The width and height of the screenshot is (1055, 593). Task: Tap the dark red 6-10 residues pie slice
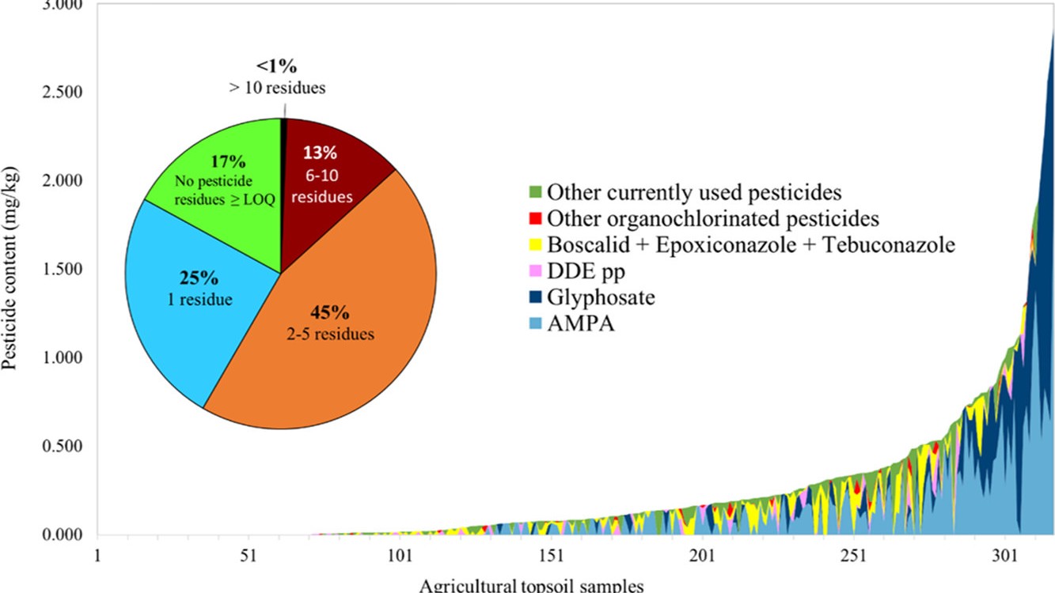point(328,166)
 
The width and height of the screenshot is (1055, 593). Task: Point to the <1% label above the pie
point(276,65)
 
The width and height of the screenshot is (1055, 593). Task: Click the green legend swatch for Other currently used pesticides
point(535,191)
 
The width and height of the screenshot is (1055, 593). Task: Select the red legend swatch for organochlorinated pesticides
point(535,218)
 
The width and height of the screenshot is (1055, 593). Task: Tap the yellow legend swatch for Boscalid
point(535,245)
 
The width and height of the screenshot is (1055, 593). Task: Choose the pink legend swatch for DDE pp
point(535,271)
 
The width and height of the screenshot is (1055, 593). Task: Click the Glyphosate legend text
point(601,297)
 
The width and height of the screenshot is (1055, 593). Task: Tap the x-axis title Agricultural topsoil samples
point(531,585)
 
